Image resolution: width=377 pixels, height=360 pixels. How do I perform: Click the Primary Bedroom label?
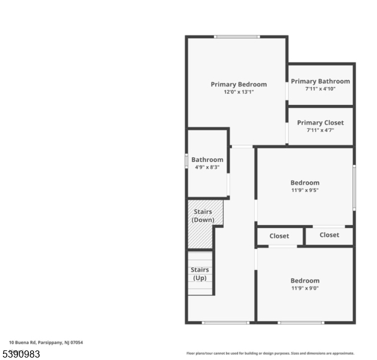click(239, 85)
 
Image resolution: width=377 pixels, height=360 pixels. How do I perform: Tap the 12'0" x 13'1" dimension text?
click(239, 92)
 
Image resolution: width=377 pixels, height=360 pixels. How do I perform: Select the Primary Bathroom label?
click(320, 82)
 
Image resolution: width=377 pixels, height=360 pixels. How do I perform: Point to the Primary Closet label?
click(320, 123)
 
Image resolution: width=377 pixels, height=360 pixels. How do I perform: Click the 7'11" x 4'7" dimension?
click(320, 130)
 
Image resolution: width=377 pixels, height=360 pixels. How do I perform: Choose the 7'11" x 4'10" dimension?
click(320, 89)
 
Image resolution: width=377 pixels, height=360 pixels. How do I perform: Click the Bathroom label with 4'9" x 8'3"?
click(207, 160)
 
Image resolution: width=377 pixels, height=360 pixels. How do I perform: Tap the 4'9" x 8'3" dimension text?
click(207, 167)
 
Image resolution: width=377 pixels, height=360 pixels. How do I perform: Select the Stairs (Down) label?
click(203, 216)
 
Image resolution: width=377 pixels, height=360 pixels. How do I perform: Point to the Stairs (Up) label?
click(200, 274)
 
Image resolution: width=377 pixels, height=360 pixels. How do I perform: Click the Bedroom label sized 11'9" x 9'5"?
click(304, 183)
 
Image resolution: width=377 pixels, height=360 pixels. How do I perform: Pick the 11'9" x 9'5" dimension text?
click(304, 190)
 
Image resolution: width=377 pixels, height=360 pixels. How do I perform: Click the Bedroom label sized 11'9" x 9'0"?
click(304, 281)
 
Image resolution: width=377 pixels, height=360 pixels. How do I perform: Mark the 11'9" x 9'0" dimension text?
click(304, 288)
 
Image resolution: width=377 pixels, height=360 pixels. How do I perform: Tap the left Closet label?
click(279, 236)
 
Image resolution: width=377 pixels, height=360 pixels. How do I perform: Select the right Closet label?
click(329, 235)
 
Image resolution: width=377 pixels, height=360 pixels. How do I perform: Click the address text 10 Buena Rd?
click(46, 343)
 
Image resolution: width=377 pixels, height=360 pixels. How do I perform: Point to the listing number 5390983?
click(21, 354)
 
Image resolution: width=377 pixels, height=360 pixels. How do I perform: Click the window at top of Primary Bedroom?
click(237, 37)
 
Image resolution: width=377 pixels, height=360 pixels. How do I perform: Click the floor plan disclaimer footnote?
click(270, 353)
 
